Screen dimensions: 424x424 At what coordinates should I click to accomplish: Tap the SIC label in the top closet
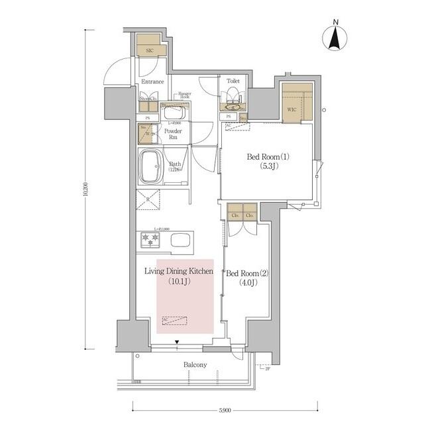[x=150, y=50]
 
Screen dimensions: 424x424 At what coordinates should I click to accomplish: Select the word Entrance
[x=152, y=81]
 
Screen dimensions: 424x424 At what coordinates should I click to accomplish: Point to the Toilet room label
[x=233, y=81]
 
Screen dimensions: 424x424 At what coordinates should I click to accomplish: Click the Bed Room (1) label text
[x=268, y=156]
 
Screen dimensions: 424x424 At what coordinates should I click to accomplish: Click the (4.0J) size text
[x=246, y=284]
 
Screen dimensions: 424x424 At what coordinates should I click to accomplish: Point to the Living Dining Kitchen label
[x=179, y=271]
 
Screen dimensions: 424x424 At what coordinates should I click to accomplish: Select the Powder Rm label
[x=172, y=134]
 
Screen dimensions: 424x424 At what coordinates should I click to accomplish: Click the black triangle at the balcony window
[x=177, y=343]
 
